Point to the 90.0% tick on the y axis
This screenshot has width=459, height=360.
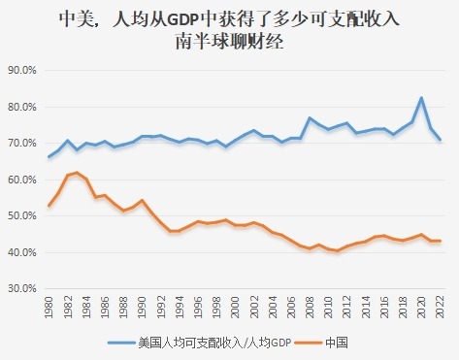pos(21,71)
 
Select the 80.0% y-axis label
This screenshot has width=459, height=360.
pos(21,107)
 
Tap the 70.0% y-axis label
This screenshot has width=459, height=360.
pos(21,144)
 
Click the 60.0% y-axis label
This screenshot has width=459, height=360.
pos(21,180)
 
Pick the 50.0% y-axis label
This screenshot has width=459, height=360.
pos(21,216)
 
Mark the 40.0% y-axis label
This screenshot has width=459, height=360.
pos(21,252)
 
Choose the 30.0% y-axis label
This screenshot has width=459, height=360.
pos(21,289)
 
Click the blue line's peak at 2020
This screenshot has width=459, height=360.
pos(421,98)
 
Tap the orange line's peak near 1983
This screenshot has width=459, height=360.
pos(77,173)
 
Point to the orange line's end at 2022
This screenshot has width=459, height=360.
pos(440,241)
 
